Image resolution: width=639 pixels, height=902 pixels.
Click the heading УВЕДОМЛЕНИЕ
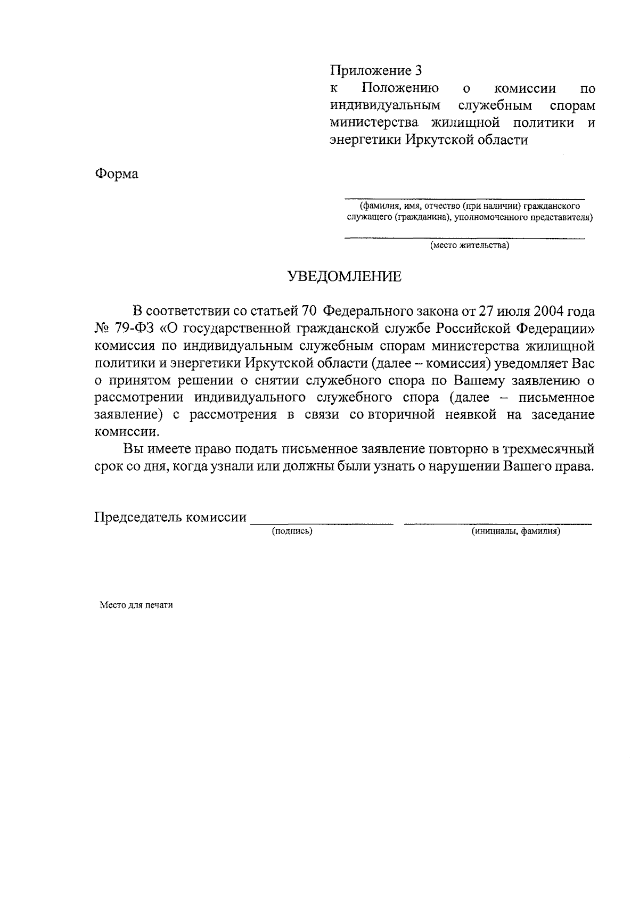345,276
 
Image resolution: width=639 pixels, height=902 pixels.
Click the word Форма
117,174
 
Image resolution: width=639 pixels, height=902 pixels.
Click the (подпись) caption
292,531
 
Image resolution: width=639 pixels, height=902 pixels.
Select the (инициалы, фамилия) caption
516,531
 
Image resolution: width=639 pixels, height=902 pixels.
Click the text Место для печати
136,605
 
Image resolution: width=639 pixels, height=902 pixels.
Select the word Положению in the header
400,88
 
